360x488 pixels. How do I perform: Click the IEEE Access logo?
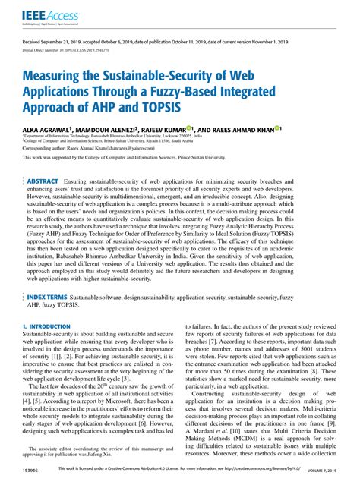(x=44, y=14)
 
